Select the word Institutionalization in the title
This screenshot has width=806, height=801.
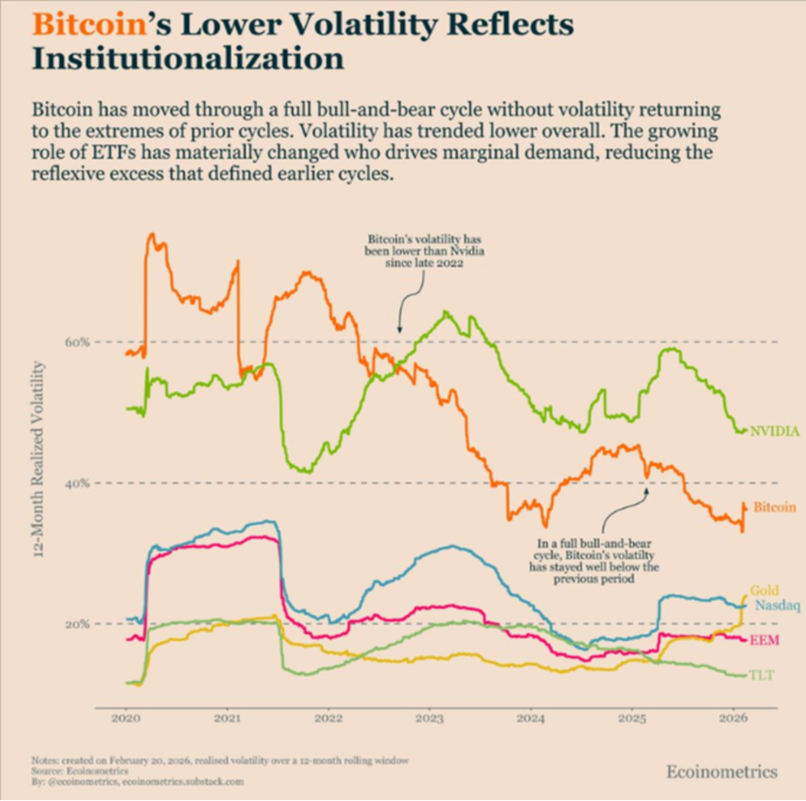click(188, 59)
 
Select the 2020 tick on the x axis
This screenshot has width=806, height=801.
click(126, 717)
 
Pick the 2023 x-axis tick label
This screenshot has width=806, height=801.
click(430, 717)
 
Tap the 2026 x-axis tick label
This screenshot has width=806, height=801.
click(734, 717)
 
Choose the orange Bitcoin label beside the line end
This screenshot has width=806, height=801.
click(774, 507)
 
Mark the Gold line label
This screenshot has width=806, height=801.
click(765, 591)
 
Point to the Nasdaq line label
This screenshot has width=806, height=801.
click(778, 605)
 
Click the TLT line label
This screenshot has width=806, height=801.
click(761, 674)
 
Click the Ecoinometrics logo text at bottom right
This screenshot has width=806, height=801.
click(722, 771)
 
